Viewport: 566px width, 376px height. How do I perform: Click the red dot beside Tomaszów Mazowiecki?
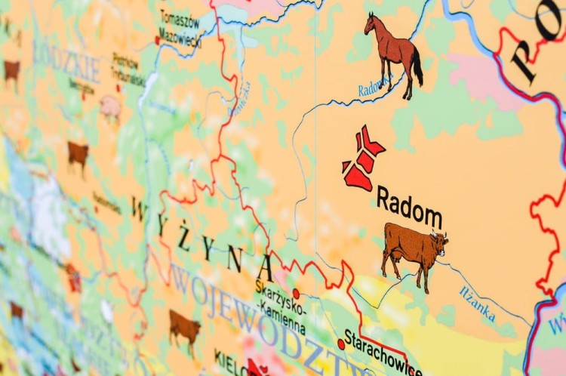[x=158, y=40]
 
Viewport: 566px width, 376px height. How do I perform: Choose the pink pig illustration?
[x=110, y=108]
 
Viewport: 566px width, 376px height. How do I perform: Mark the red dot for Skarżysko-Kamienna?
[x=296, y=294]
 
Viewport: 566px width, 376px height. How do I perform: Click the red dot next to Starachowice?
[x=341, y=344]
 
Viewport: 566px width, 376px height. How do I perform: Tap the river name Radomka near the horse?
[x=373, y=87]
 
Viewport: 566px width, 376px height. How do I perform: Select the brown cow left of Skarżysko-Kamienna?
[x=184, y=327]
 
